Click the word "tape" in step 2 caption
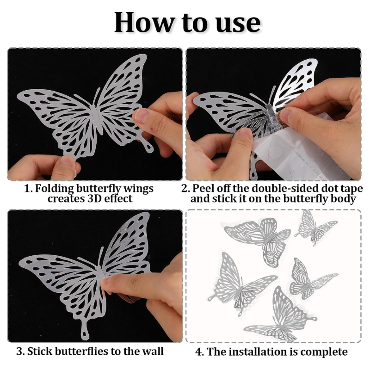click(x=351, y=189)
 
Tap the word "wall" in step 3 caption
click(x=153, y=351)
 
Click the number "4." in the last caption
click(x=200, y=351)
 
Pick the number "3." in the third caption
click(x=20, y=351)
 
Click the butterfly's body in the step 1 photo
click(x=97, y=119)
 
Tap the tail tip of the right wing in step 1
click(x=149, y=148)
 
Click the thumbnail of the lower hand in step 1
click(x=67, y=160)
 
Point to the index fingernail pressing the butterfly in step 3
click(x=105, y=282)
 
